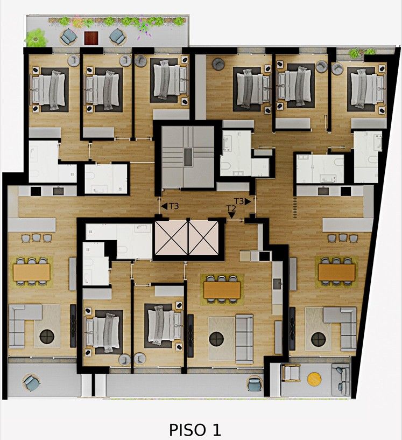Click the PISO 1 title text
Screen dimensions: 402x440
point(195,430)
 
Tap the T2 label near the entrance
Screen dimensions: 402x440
point(231,208)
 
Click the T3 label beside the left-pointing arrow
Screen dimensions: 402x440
point(174,206)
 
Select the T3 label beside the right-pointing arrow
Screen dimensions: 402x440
point(239,201)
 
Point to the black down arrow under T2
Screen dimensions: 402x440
point(231,215)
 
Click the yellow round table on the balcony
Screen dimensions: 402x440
point(314,379)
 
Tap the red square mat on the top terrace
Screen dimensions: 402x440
point(91,38)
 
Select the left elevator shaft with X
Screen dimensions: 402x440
point(171,238)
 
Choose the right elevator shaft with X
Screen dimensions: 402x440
point(203,238)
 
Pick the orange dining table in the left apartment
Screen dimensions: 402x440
point(31,272)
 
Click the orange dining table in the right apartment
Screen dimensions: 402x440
point(336,272)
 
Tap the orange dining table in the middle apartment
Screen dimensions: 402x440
point(222,290)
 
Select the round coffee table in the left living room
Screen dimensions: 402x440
point(47,337)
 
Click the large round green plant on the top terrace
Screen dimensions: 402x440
point(36,38)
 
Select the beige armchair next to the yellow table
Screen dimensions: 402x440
point(291,373)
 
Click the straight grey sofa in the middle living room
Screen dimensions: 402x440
point(244,338)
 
